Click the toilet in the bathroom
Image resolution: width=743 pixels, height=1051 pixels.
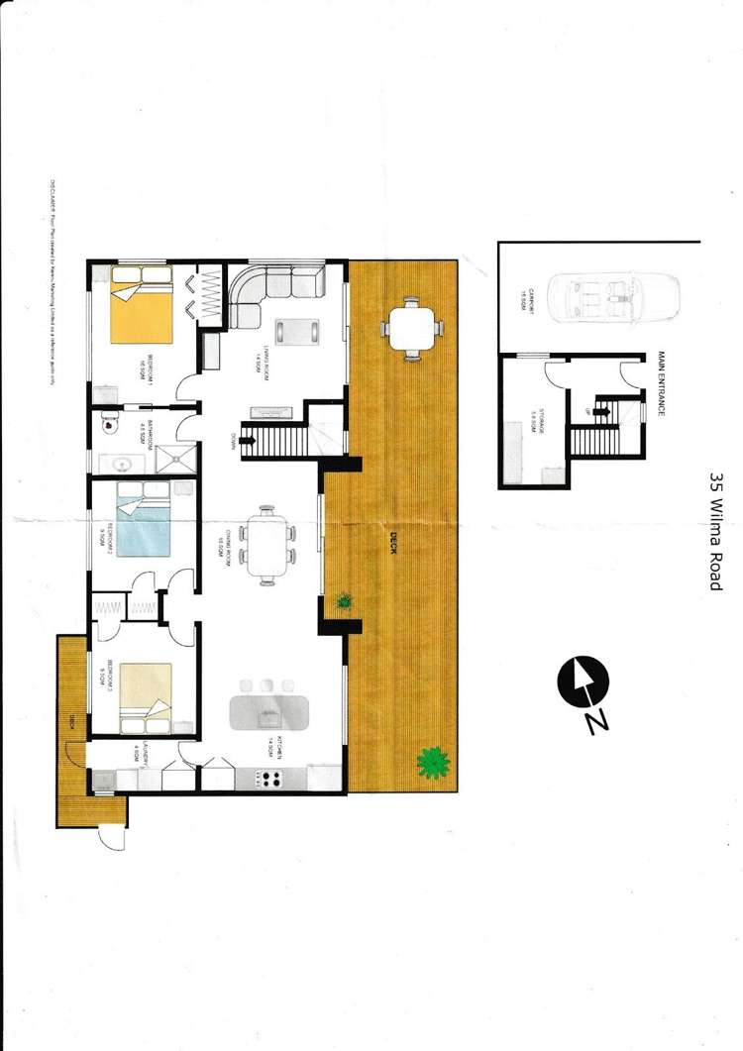tap(111, 425)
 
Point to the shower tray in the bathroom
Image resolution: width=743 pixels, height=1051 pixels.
tap(179, 457)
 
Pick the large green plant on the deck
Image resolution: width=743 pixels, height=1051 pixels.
tap(432, 761)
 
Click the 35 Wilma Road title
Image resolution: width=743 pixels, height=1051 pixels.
tap(716, 530)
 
